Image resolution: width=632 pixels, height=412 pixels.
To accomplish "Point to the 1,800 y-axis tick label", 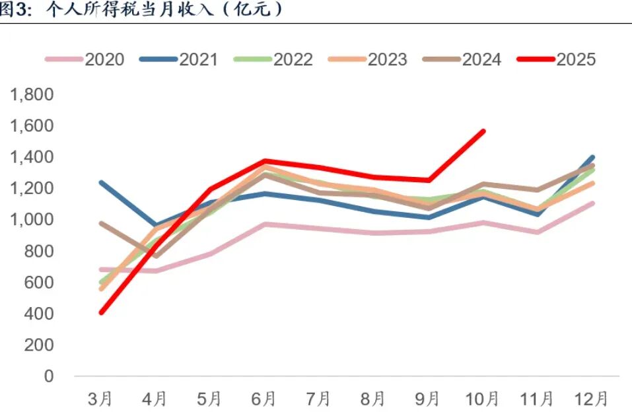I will point(31,94).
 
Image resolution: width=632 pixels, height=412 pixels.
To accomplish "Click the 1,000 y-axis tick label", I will point(31,220).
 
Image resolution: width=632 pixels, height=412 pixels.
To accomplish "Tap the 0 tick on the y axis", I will point(48,376).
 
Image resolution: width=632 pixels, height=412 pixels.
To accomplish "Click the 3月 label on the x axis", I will point(100,399).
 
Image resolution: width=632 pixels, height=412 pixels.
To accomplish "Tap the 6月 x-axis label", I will point(263,399).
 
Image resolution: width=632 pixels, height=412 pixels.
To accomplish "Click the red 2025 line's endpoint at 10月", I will point(483,131).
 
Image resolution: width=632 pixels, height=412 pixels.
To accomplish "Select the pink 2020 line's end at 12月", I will point(592,203).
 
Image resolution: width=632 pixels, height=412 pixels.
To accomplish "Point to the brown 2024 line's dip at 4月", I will point(156,256).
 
